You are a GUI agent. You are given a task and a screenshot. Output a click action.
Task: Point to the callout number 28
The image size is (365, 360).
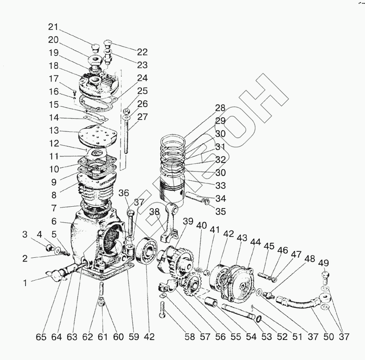[x=220, y=108]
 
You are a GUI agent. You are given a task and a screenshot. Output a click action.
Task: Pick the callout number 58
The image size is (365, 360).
[x=189, y=337]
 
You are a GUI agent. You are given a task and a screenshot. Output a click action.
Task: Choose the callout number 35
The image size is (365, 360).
[x=221, y=211]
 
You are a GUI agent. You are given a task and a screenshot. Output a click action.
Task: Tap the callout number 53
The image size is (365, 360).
[x=266, y=337]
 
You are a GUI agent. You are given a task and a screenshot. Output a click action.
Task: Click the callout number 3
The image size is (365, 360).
[x=25, y=235]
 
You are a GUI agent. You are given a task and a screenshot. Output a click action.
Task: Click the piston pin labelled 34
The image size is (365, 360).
[x=195, y=198]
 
